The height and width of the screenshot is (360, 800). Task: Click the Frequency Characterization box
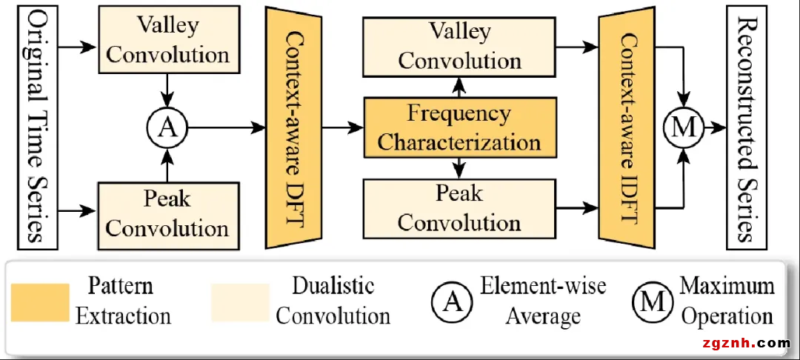(459, 128)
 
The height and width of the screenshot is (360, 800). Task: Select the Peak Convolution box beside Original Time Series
(168, 213)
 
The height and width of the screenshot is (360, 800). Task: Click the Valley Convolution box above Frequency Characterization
(459, 46)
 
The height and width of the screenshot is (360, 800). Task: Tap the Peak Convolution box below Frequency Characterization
(459, 207)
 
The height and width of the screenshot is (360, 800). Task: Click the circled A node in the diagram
(168, 128)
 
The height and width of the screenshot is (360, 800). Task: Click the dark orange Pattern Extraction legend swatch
(40, 302)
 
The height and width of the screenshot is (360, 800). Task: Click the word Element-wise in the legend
(543, 286)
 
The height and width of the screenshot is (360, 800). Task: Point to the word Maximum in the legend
(727, 286)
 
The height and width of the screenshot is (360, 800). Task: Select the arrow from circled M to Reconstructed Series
(716, 128)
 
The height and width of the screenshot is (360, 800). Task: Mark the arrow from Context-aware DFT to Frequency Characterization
(344, 128)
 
